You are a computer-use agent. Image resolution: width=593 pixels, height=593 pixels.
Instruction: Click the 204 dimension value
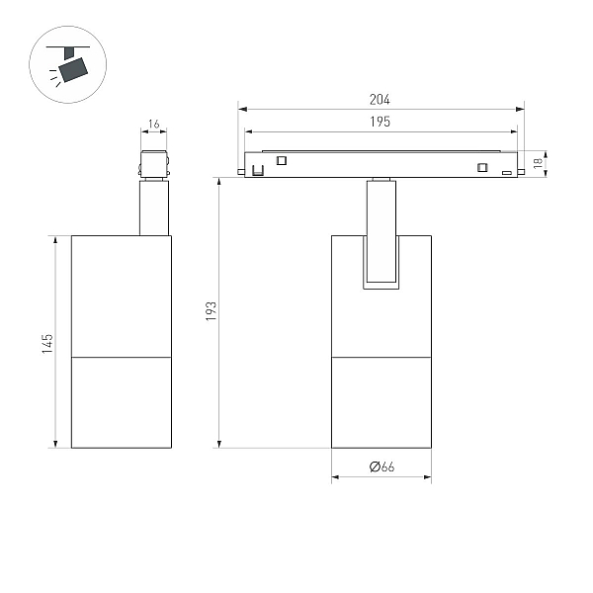tap(380, 100)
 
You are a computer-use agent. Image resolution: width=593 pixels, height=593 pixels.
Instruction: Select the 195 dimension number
tap(381, 122)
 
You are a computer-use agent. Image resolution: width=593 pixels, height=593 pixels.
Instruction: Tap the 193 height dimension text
tap(212, 311)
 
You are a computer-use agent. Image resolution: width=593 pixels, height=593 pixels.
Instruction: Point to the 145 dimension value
tap(47, 344)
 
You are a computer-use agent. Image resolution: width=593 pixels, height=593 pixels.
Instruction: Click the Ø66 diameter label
tap(381, 466)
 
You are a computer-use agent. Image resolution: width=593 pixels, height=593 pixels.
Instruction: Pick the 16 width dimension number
tap(154, 124)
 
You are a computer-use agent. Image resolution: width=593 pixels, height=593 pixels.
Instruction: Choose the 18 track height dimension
tap(538, 163)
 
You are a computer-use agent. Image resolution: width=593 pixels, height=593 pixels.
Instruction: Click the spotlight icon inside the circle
tap(68, 64)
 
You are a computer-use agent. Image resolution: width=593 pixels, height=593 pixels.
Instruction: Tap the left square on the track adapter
tap(282, 160)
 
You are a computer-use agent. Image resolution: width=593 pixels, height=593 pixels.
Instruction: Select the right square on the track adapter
tap(482, 167)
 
